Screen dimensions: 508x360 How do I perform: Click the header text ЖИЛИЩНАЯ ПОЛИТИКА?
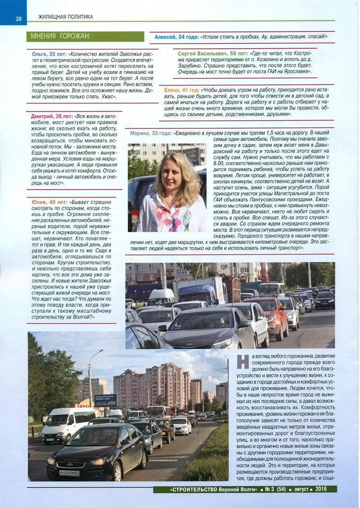click(66, 17)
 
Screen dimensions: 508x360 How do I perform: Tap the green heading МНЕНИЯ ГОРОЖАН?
click(60, 36)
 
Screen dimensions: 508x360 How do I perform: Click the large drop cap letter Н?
click(243, 361)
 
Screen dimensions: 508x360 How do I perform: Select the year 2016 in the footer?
click(321, 489)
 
